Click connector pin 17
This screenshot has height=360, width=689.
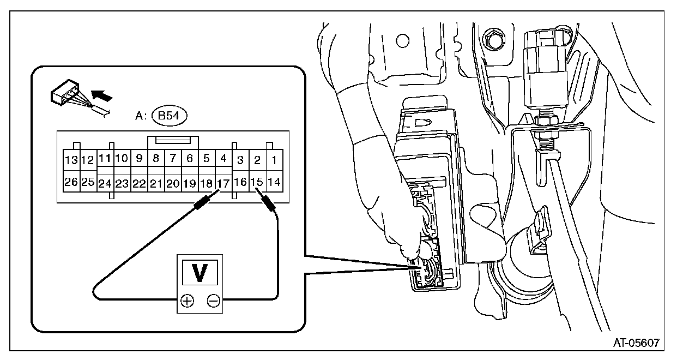[x=223, y=183]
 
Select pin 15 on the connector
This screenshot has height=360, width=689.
[x=257, y=182]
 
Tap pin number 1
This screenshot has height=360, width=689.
[x=274, y=160]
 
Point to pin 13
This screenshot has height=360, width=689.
[x=71, y=160]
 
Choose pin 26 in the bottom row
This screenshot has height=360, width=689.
[x=71, y=182]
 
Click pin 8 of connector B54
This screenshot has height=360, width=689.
[x=156, y=159]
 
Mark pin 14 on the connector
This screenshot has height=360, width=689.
[x=274, y=182]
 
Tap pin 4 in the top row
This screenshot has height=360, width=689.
[x=223, y=159]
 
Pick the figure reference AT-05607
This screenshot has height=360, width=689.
[x=637, y=343]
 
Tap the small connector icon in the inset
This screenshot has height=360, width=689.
[x=65, y=95]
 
